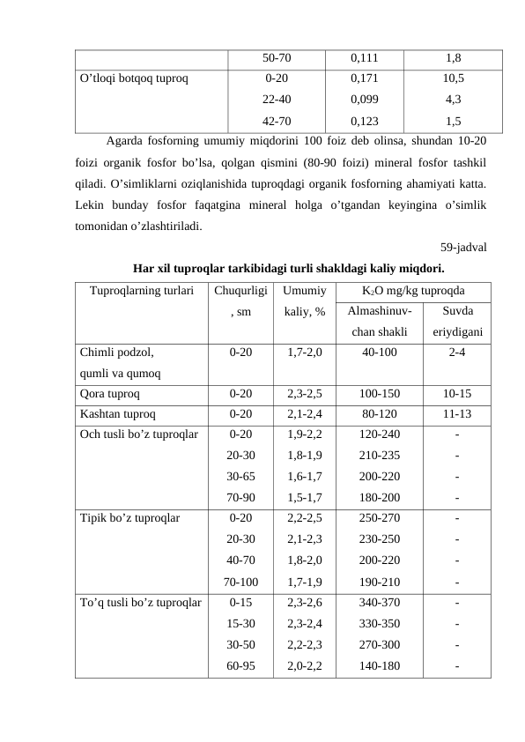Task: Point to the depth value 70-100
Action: pyautogui.click(x=240, y=582)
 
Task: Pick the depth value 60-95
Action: pyautogui.click(x=240, y=666)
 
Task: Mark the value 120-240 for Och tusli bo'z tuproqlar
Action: pyautogui.click(x=380, y=434)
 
